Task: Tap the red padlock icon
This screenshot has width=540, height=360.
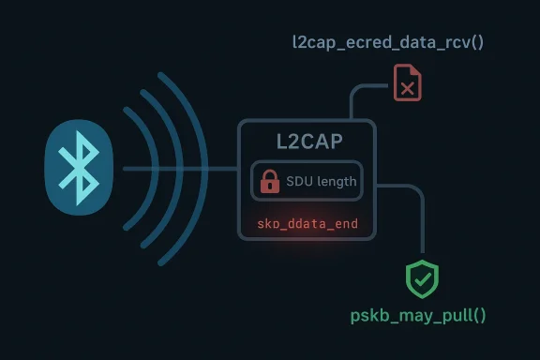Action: pyautogui.click(x=270, y=181)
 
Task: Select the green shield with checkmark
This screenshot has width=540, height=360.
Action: pyautogui.click(x=422, y=279)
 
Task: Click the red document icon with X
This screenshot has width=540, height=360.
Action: pyautogui.click(x=407, y=82)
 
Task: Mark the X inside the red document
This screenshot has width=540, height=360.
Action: pyautogui.click(x=407, y=88)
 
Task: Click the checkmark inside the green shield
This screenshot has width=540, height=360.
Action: pyautogui.click(x=422, y=279)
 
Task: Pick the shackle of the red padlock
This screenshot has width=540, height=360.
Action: pyautogui.click(x=270, y=173)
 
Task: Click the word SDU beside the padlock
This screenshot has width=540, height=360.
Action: pyautogui.click(x=299, y=181)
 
